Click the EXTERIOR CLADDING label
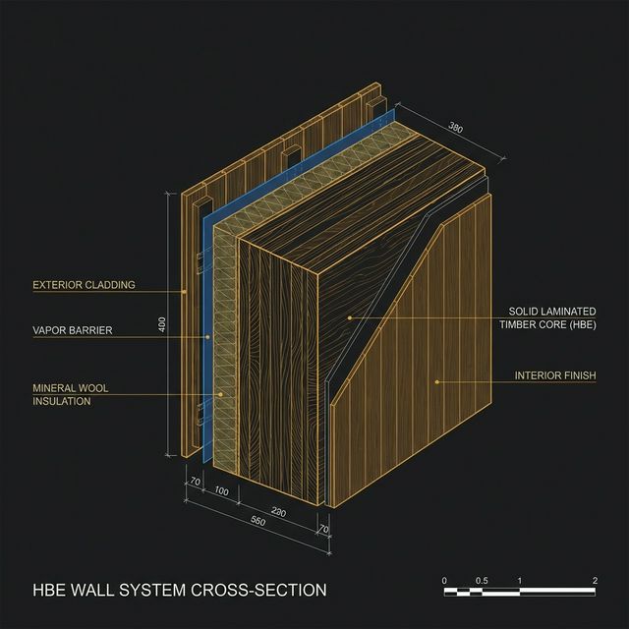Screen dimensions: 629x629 pyautogui.click(x=84, y=285)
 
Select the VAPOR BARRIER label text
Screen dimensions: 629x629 pyautogui.click(x=73, y=330)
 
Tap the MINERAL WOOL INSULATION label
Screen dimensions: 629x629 pyautogui.click(x=70, y=394)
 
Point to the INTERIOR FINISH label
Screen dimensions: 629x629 pyautogui.click(x=555, y=375)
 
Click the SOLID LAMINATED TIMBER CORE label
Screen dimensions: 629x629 pyautogui.click(x=547, y=317)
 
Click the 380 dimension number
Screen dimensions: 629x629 pyautogui.click(x=455, y=127)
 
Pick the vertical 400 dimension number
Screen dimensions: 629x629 pyautogui.click(x=162, y=324)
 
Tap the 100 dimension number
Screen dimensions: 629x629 pyautogui.click(x=221, y=491)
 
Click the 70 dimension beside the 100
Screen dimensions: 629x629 pyautogui.click(x=195, y=481)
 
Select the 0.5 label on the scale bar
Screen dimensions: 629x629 pyautogui.click(x=482, y=581)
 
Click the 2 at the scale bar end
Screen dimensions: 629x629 pyautogui.click(x=595, y=581)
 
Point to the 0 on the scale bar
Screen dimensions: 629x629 pyautogui.click(x=444, y=581)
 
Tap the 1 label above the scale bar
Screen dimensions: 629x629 pyautogui.click(x=520, y=581)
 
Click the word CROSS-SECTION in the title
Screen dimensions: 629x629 pyautogui.click(x=258, y=590)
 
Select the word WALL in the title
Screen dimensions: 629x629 pyautogui.click(x=94, y=590)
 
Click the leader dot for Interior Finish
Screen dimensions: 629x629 pyautogui.click(x=437, y=382)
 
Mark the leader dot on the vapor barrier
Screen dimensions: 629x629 pyautogui.click(x=207, y=337)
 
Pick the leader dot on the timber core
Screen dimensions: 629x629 pyautogui.click(x=350, y=318)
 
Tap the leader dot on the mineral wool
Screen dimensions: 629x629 pyautogui.click(x=220, y=395)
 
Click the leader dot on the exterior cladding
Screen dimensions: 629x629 pyautogui.click(x=184, y=292)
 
